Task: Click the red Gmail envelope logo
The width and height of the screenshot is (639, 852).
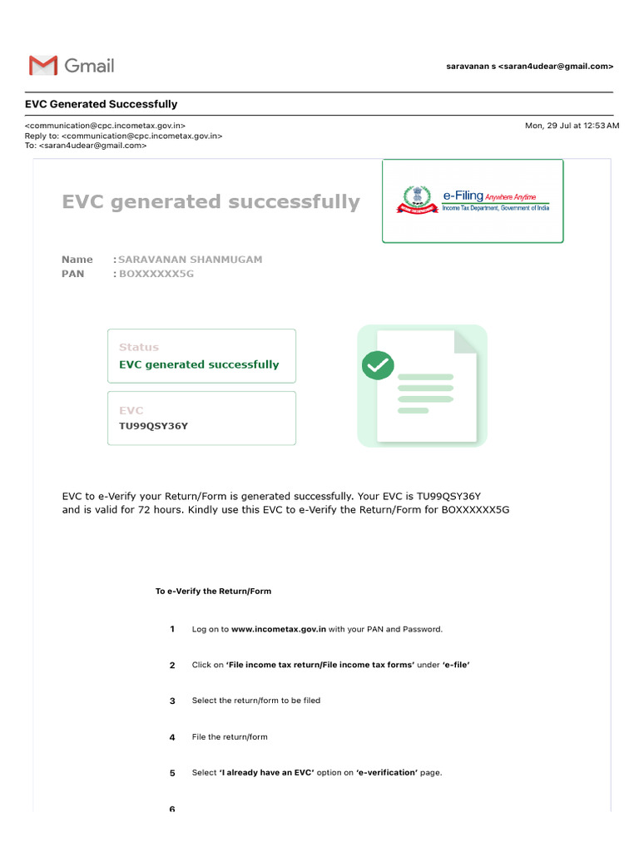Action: pos(43,66)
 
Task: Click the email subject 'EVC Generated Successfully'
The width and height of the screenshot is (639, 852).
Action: pos(101,104)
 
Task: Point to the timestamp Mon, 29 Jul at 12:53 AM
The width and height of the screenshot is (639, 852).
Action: pos(572,126)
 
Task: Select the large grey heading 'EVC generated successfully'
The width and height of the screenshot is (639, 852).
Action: pos(211,202)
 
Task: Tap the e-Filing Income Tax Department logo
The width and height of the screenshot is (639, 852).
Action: pos(473,201)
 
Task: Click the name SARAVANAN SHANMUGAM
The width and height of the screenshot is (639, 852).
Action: pos(190,260)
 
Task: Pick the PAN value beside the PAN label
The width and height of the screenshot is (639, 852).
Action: pos(156,274)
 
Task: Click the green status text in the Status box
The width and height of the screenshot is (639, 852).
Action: pos(199,364)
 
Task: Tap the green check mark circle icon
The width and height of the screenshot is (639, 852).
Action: pos(378,364)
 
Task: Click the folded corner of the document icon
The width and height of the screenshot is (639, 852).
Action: pos(466,341)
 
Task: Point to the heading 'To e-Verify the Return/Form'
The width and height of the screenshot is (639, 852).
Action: pos(213,592)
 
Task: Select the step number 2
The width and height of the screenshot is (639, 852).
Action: pos(172,666)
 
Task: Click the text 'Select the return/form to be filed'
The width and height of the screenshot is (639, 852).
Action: pos(255,701)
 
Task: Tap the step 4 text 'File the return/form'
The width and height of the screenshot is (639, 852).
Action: pos(230,737)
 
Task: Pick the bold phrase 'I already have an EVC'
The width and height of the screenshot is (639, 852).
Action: pos(266,773)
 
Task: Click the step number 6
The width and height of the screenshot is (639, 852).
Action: pos(172,809)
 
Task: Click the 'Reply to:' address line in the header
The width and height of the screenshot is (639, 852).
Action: pos(123,136)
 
